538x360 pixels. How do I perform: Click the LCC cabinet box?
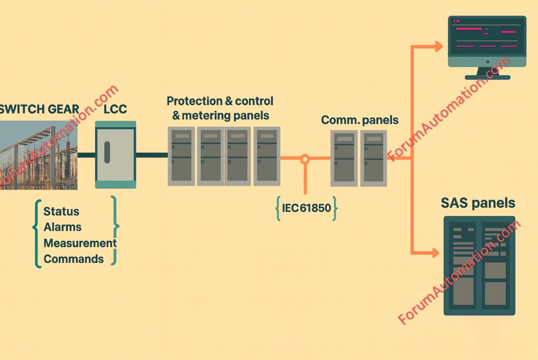[x=116, y=155]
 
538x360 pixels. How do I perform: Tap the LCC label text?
[x=115, y=109]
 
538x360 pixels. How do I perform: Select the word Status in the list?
[x=61, y=212]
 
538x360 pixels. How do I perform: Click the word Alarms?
[x=63, y=227]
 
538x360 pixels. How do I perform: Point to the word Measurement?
[x=80, y=243]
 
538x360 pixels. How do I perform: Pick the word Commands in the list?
[x=74, y=259]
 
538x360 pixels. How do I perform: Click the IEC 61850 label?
[x=306, y=208]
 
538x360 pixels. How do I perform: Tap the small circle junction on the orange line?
[x=305, y=157]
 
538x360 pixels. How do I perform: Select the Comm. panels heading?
[x=360, y=120]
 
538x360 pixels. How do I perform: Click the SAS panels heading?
[x=478, y=203]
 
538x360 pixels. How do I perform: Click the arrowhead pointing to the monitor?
[x=438, y=46]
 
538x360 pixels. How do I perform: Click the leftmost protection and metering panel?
[x=181, y=156]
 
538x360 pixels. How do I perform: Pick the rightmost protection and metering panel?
[x=266, y=156]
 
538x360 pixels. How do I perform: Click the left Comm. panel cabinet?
[x=344, y=158]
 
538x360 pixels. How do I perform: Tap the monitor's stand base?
[x=487, y=76]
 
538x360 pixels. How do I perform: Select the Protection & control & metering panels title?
[x=220, y=108]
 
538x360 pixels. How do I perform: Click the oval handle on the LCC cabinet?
[x=107, y=155]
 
